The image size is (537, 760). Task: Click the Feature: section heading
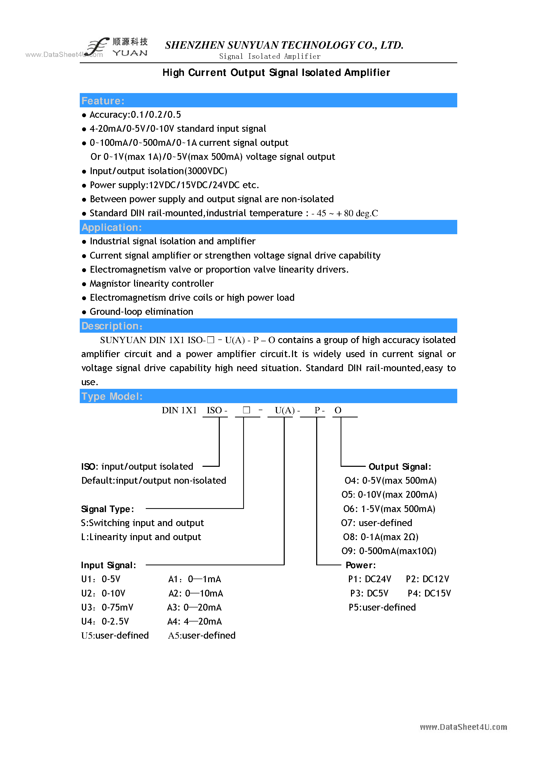[x=103, y=101]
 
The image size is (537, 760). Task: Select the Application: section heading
[x=111, y=227]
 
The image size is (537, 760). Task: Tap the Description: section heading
[x=112, y=326]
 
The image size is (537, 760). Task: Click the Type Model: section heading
[x=112, y=396]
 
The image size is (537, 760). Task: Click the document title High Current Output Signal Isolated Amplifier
[x=276, y=73]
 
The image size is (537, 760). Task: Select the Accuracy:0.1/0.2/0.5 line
[x=135, y=115]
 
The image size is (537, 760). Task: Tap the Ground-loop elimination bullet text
[x=141, y=311]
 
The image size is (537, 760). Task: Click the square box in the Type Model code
[x=246, y=410]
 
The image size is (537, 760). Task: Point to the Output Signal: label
[x=400, y=467]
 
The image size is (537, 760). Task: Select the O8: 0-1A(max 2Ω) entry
[x=381, y=537]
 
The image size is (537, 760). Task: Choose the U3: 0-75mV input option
[x=107, y=607]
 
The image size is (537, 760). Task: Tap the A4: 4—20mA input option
[x=195, y=621]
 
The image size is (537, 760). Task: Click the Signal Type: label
[x=108, y=509]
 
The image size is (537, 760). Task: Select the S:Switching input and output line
[x=142, y=523]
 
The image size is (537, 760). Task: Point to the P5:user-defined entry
[x=382, y=607]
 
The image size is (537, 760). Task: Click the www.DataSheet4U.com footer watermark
[x=463, y=727]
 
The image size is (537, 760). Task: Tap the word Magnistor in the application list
[x=110, y=283]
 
